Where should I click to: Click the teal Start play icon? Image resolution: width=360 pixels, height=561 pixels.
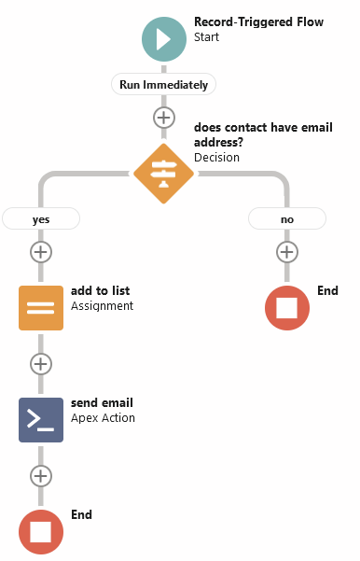tap(164, 38)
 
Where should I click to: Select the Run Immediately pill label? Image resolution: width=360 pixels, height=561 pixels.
tap(164, 84)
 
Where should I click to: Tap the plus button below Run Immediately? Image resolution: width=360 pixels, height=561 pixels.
tap(164, 118)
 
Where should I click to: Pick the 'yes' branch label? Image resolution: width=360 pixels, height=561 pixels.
tap(41, 218)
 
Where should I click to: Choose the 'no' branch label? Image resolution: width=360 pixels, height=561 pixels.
tap(287, 218)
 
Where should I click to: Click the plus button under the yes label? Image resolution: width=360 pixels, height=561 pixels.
tap(41, 251)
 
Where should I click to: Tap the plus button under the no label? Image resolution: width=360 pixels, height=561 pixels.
tap(287, 251)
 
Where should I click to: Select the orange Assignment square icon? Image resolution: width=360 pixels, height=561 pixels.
tap(41, 307)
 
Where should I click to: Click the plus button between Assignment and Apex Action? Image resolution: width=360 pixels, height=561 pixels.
tap(41, 363)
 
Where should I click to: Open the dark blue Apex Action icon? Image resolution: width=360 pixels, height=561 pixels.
tap(41, 419)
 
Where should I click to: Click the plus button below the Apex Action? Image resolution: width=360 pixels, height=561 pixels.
tap(41, 475)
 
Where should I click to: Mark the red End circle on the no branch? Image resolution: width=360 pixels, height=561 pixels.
tap(287, 307)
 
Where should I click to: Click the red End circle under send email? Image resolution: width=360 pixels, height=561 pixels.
tap(41, 531)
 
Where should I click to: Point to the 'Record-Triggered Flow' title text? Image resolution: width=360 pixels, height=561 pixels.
tap(258, 21)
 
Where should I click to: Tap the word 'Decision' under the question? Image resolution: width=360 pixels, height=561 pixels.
tap(216, 157)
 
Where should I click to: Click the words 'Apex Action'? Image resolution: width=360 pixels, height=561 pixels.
tap(103, 418)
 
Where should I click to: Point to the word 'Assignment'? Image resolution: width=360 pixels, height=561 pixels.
tap(102, 306)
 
